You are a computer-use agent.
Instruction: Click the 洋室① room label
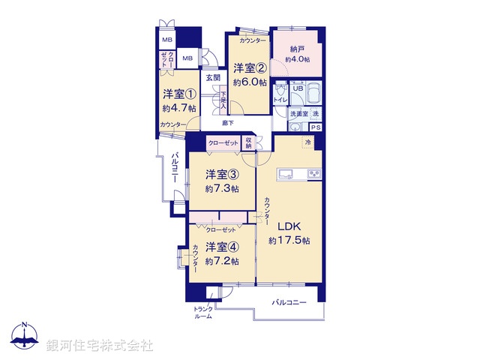pyautogui.click(x=180, y=94)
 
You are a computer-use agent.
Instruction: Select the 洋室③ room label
pyautogui.click(x=223, y=175)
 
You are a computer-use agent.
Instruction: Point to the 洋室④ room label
pyautogui.click(x=223, y=247)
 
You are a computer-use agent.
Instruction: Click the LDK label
pyautogui.click(x=289, y=225)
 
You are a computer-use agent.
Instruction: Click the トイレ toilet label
pyautogui.click(x=280, y=99)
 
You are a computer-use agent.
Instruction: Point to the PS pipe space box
pyautogui.click(x=316, y=127)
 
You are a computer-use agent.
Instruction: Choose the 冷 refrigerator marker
pyautogui.click(x=307, y=142)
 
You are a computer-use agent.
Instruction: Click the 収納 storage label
pyautogui.click(x=248, y=142)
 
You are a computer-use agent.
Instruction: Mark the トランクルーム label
pyautogui.click(x=203, y=312)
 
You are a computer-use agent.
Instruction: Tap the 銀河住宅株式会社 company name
pyautogui.click(x=99, y=345)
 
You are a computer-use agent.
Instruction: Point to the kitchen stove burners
pyautogui.click(x=312, y=175)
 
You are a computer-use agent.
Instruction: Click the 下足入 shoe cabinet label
pyautogui.click(x=223, y=99)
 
